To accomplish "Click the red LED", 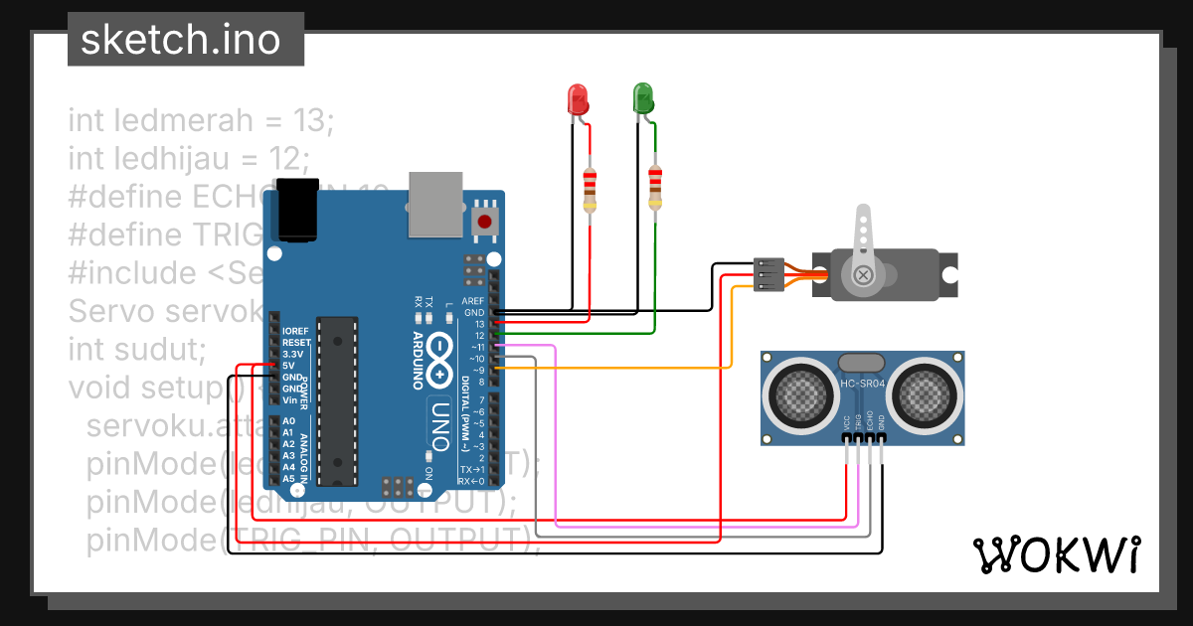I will pos(578,98).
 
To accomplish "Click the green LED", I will pos(643,97).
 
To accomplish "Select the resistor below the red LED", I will pos(591,189).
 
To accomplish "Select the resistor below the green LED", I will pos(654,188).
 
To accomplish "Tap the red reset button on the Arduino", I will pos(485,221).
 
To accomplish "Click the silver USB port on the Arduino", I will pos(436,204).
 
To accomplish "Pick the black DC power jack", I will pos(297,210).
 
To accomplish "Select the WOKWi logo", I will pos(1056,554).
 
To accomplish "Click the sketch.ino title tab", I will pos(179,40).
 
